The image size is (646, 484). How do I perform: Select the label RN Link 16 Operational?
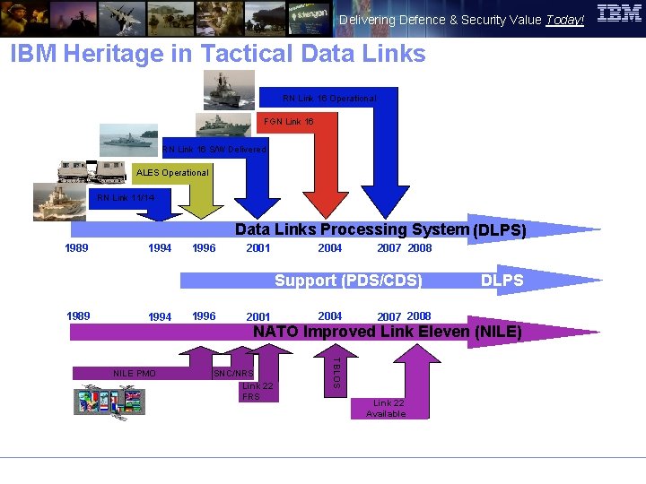pyautogui.click(x=329, y=99)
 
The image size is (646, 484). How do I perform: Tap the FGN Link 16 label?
pyautogui.click(x=288, y=122)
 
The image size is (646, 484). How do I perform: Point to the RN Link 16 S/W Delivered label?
pyautogui.click(x=214, y=150)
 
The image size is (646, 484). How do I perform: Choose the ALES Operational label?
pyautogui.click(x=172, y=173)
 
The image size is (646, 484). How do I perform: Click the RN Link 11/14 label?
pyautogui.click(x=125, y=198)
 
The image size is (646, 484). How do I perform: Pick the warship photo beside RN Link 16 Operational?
pyautogui.click(x=229, y=90)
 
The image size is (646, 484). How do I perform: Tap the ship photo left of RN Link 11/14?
pyautogui.click(x=59, y=201)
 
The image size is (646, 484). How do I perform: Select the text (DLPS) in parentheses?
pyautogui.click(x=499, y=230)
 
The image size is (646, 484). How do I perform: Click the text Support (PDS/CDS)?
pyautogui.click(x=348, y=281)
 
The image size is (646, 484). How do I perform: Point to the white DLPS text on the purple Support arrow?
pyautogui.click(x=502, y=281)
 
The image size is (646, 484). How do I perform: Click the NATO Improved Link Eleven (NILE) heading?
pyautogui.click(x=388, y=332)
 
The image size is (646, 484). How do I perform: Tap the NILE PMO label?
pyautogui.click(x=135, y=373)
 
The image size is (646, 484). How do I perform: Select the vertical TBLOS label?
pyautogui.click(x=336, y=372)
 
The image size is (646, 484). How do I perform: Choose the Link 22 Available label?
pyautogui.click(x=386, y=409)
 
